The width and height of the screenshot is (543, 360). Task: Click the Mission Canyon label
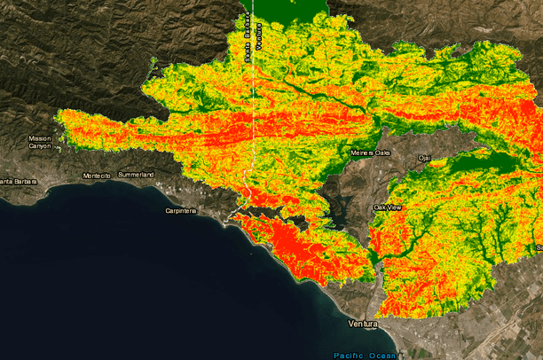(x=40, y=142)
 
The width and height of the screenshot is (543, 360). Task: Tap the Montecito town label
(x=96, y=176)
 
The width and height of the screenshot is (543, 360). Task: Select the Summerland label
(x=136, y=175)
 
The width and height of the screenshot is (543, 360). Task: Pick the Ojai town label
(x=424, y=158)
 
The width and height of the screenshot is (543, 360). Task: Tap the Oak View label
(x=388, y=207)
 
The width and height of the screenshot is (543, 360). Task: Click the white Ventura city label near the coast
(x=363, y=324)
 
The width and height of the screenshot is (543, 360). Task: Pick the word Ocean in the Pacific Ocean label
(x=382, y=356)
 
